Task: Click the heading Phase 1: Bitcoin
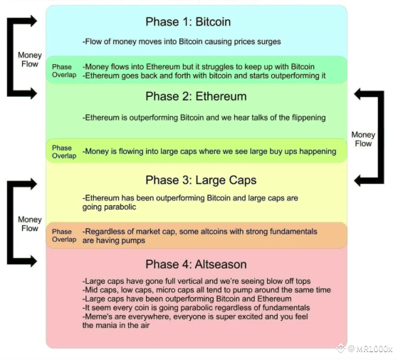pos(188,22)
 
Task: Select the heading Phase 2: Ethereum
pos(196,96)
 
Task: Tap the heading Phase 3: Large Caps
pos(201,180)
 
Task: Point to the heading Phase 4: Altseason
pos(196,264)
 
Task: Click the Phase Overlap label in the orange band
pos(64,235)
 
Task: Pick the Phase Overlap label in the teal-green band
pos(64,71)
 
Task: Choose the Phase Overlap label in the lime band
pos(64,152)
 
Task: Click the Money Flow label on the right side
pos(363,139)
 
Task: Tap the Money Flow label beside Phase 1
pos(30,59)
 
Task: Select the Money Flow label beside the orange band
pos(30,224)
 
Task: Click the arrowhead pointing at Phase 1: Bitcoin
pos(33,21)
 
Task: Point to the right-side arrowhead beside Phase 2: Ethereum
pos(357,94)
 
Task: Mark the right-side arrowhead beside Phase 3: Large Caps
pos(357,180)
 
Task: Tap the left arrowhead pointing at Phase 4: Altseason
pos(33,261)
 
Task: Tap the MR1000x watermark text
pos(374,349)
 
